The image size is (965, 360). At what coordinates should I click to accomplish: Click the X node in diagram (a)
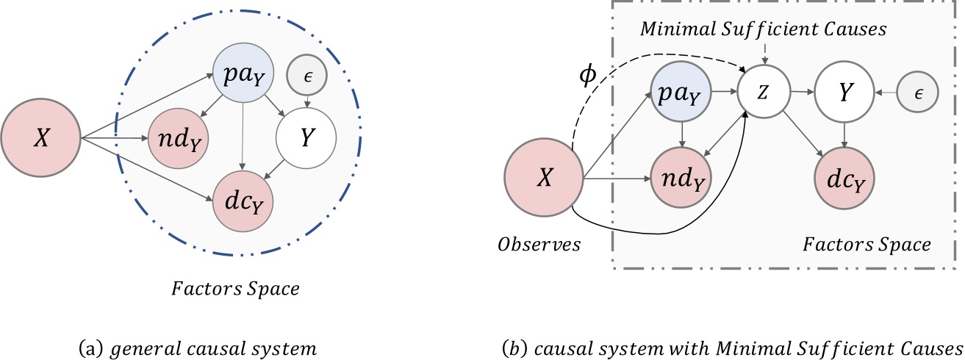(41, 138)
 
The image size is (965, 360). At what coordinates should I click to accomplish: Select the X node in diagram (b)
(544, 177)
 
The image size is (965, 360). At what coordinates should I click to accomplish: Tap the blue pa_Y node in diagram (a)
(243, 73)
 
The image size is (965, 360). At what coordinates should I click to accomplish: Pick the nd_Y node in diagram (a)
(179, 138)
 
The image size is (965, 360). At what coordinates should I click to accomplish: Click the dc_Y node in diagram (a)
(243, 201)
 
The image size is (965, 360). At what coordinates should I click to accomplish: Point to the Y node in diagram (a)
(306, 138)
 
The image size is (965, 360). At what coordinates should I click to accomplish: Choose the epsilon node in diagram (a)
(307, 76)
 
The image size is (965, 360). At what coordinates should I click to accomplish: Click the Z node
(764, 92)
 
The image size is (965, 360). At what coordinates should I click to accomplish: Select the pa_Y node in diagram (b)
(681, 91)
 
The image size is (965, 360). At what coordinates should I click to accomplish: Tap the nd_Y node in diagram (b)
(681, 177)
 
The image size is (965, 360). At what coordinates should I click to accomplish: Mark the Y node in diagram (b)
(844, 92)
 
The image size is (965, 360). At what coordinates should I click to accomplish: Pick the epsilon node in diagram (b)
(918, 92)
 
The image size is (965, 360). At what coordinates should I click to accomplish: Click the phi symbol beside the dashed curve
(588, 76)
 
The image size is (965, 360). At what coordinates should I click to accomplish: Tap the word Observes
(539, 244)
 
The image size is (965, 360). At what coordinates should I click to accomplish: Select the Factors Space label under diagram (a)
(235, 289)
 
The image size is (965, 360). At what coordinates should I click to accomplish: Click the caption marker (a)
(91, 348)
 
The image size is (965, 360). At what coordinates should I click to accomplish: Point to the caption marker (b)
(514, 348)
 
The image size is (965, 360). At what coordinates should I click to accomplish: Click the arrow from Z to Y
(802, 92)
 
